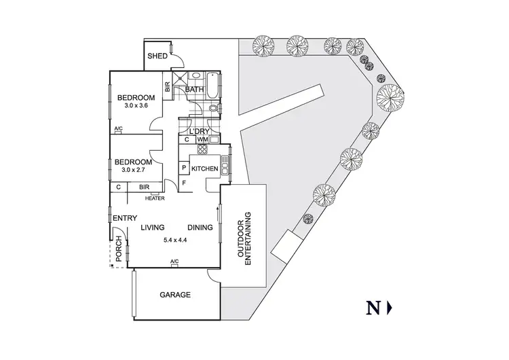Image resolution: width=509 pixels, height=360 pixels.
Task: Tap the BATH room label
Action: click(x=195, y=89)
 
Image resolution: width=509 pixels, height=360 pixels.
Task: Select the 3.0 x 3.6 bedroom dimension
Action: click(x=139, y=106)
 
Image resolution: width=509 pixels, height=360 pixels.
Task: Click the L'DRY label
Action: click(x=199, y=131)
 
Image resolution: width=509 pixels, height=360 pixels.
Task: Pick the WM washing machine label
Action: click(x=202, y=140)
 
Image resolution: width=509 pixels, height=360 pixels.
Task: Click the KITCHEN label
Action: click(x=204, y=168)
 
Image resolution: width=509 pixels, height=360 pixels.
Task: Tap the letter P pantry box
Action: click(x=183, y=168)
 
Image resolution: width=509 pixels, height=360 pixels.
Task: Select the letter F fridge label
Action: click(x=183, y=183)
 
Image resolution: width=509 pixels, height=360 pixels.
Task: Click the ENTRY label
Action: click(x=125, y=218)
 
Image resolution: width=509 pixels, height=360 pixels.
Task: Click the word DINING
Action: click(x=200, y=228)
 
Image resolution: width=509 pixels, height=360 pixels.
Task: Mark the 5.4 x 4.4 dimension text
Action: click(x=175, y=240)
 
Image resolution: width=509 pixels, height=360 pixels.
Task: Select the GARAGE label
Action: click(x=174, y=295)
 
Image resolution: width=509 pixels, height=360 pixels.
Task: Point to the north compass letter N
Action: click(x=373, y=308)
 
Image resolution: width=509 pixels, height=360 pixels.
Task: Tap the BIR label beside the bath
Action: click(x=167, y=87)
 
